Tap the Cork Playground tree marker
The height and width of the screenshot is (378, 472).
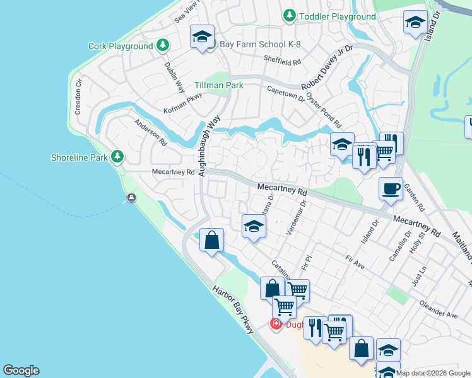(163, 45)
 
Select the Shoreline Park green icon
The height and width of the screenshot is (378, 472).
(117, 156)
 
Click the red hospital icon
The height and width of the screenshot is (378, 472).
(276, 324)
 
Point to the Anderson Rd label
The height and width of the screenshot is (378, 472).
(150, 133)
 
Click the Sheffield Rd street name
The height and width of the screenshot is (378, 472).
(282, 62)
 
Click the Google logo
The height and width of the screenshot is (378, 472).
(21, 370)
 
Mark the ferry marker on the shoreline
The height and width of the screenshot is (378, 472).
(131, 198)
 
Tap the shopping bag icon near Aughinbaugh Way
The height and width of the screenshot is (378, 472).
(212, 240)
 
